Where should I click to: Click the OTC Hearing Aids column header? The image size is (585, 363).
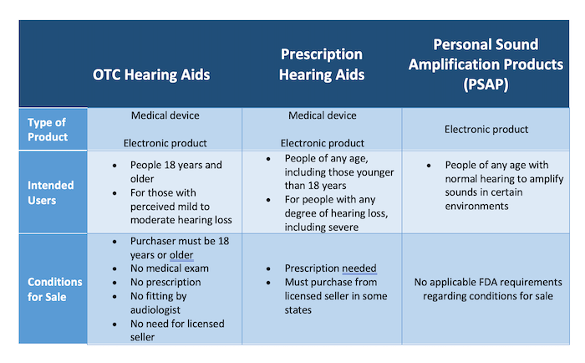coord(151,74)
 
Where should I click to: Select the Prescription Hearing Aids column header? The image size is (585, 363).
coord(322,64)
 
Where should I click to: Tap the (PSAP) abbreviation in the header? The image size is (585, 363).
coord(486,84)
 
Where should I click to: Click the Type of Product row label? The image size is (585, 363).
coord(48,130)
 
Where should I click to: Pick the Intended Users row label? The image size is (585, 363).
coord(50,192)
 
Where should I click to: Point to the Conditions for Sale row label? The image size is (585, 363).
coord(55,289)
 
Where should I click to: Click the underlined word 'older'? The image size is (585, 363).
coord(181,255)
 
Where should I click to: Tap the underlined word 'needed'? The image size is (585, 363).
coord(359,268)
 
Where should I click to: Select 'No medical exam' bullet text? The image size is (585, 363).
coord(170,268)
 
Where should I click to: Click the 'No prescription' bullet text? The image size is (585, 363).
coord(165,282)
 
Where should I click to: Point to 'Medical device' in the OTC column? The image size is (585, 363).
coord(165,115)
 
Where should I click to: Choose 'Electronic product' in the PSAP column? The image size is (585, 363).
coord(486,129)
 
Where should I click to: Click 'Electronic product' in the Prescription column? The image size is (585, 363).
coord(322,143)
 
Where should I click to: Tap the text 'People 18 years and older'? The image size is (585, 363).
coord(176,171)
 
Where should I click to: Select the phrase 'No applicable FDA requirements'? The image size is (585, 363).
coord(488,282)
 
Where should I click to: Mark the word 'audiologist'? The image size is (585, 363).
coord(155,310)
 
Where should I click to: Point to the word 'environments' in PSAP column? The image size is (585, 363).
coord(476,206)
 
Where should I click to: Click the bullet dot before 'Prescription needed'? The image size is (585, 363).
coord(268,268)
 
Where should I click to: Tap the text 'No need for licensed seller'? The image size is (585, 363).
coord(177,330)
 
